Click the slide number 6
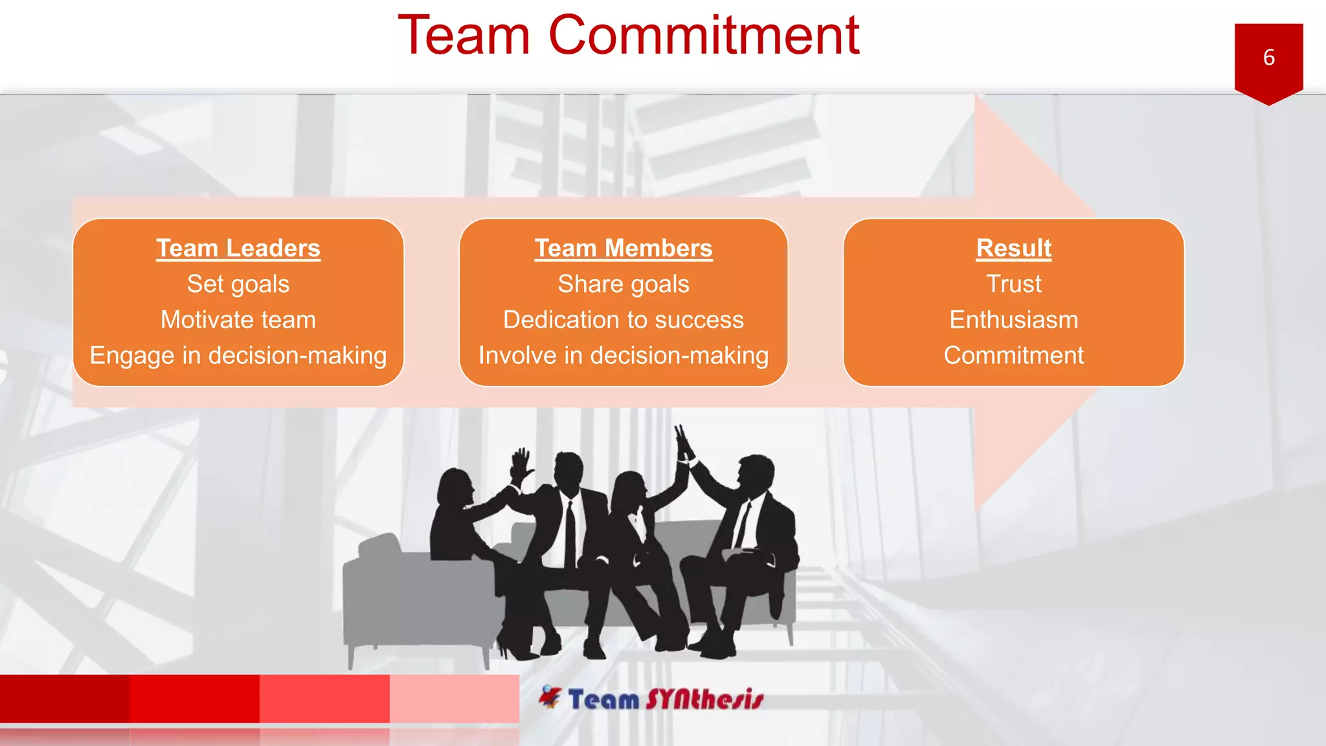point(1268,58)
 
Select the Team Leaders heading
point(238,249)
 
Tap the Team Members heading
point(624,249)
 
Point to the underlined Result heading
point(1013,249)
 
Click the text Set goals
point(238,284)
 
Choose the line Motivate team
point(238,320)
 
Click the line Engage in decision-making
point(238,356)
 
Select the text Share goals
point(624,284)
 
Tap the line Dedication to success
point(624,320)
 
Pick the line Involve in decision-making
point(624,356)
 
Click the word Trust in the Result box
point(1013,284)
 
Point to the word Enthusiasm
point(1013,320)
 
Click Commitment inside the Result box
point(1013,356)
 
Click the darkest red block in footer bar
point(65,698)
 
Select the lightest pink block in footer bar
point(454,698)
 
